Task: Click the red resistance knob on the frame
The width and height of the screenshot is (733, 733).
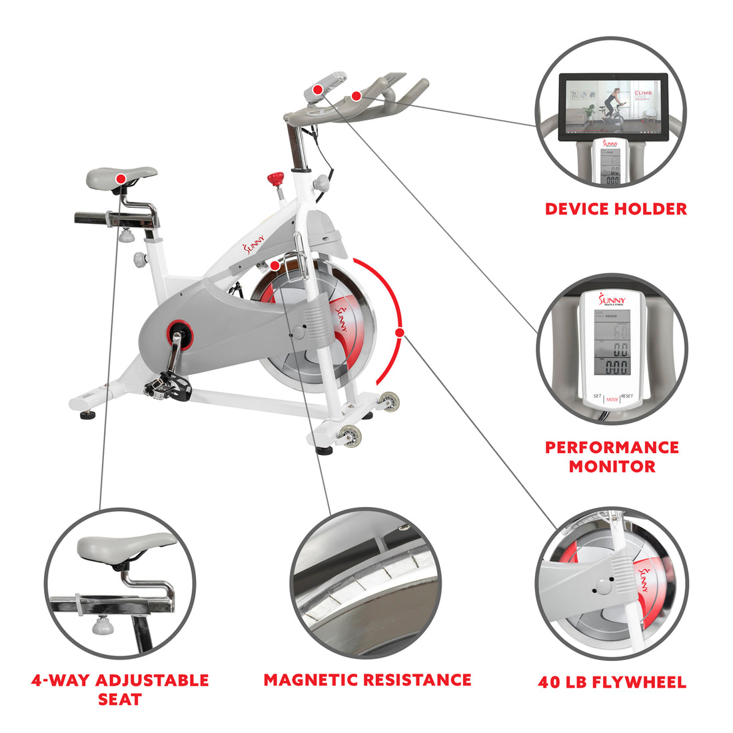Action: click(275, 179)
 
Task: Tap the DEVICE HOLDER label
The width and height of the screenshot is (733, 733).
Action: click(616, 209)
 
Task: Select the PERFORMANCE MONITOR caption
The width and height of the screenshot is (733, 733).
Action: click(612, 456)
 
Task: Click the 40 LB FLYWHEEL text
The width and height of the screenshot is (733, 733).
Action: click(612, 682)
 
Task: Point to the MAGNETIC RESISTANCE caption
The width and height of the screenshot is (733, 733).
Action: click(367, 680)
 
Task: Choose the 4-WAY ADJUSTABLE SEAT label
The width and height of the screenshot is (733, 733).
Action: click(120, 690)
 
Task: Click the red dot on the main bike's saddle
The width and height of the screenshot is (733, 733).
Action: click(121, 179)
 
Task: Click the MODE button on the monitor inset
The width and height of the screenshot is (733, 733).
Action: click(612, 399)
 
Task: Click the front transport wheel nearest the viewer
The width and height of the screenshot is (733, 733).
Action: click(349, 436)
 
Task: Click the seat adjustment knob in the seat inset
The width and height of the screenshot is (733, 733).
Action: click(103, 625)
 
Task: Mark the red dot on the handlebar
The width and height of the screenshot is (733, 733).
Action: click(357, 97)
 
